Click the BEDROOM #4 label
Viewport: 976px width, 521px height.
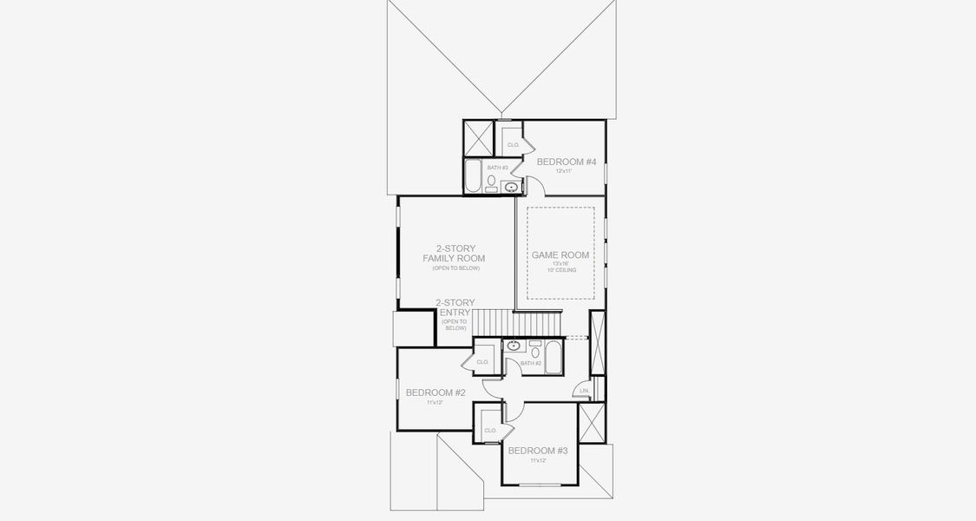point(567,162)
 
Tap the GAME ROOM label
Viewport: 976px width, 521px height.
point(560,255)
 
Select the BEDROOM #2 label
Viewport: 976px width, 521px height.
point(436,392)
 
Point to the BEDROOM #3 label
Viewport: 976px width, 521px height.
point(538,451)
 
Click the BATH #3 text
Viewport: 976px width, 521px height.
point(497,168)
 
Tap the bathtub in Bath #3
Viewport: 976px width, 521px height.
point(473,175)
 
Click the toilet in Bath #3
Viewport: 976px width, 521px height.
point(492,182)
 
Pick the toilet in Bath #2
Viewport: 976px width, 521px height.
point(534,352)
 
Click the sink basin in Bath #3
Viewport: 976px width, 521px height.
point(512,186)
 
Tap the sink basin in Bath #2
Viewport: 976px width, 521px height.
point(514,346)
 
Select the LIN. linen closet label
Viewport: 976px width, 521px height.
point(586,392)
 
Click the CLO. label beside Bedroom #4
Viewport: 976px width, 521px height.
point(513,144)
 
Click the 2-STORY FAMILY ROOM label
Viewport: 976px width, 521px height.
point(454,253)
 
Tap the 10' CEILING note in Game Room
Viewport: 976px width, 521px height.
point(560,270)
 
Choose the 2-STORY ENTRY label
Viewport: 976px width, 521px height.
point(455,307)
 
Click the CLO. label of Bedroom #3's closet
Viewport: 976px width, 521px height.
point(490,430)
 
